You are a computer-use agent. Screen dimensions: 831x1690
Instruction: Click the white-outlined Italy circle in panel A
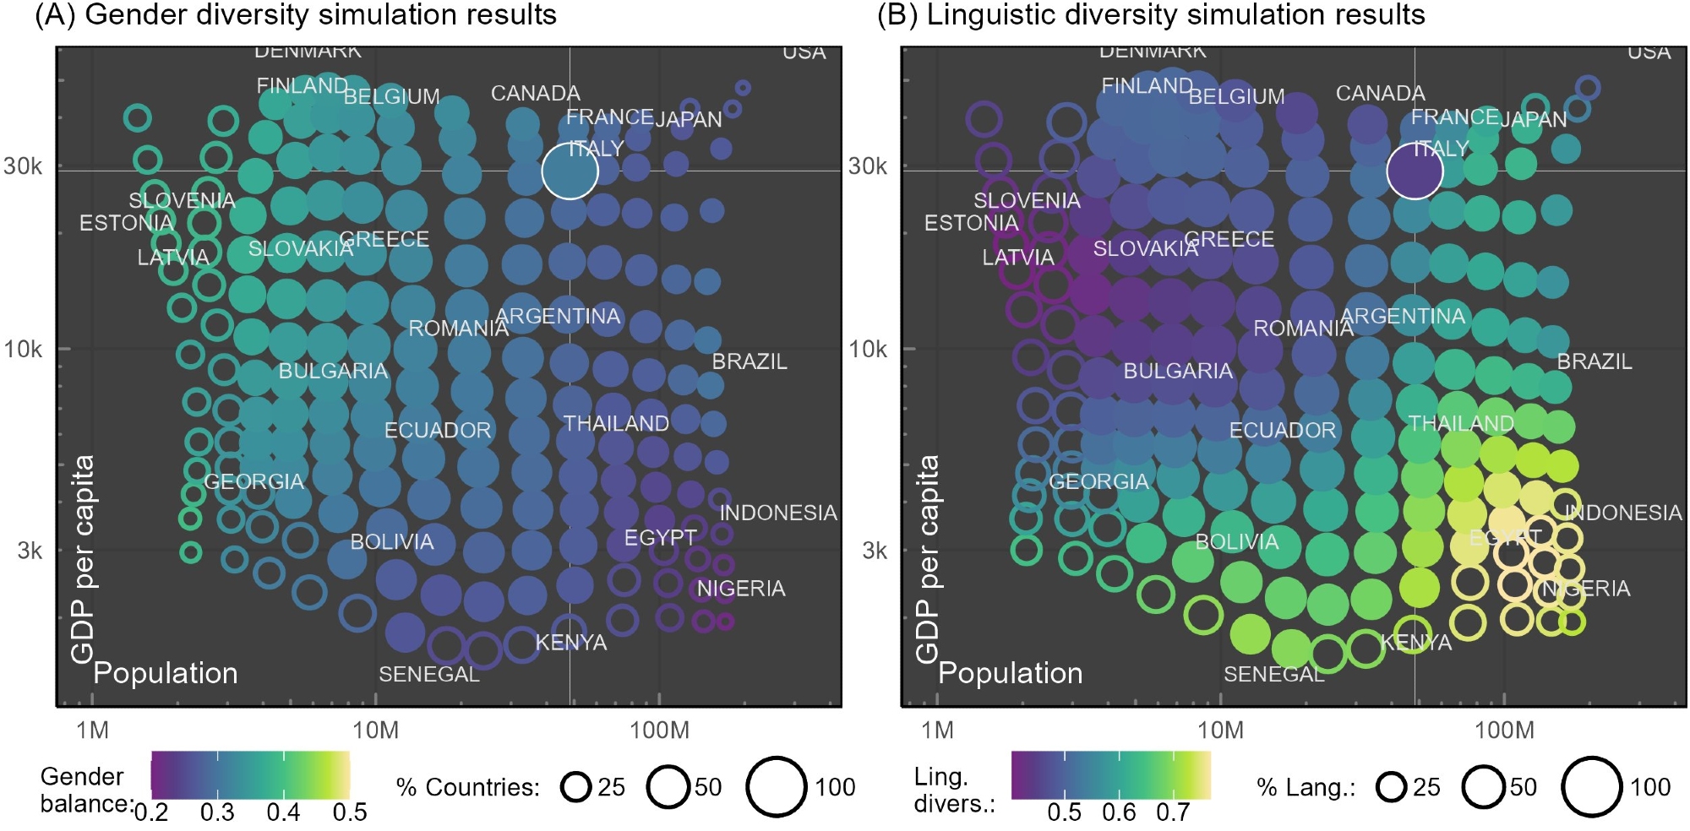tap(570, 171)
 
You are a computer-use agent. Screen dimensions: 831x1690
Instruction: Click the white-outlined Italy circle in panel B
tap(1414, 171)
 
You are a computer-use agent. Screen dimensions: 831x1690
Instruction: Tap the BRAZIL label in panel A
tap(749, 361)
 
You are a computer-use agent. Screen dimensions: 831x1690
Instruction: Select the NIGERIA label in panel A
tap(740, 589)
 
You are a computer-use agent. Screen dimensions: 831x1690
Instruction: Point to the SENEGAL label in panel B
tap(1273, 674)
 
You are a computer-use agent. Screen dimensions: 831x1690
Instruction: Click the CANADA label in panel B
tap(1380, 93)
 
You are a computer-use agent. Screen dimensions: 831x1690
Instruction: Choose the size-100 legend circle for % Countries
tap(776, 786)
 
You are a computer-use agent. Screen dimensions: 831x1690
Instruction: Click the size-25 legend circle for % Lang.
tap(1391, 787)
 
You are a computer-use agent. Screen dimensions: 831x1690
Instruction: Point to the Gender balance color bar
tap(250, 774)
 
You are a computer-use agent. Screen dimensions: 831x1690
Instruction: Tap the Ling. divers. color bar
tap(1110, 774)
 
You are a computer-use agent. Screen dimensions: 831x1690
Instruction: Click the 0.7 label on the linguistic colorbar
tap(1172, 812)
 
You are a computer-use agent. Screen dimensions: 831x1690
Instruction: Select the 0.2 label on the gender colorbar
tap(150, 812)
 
